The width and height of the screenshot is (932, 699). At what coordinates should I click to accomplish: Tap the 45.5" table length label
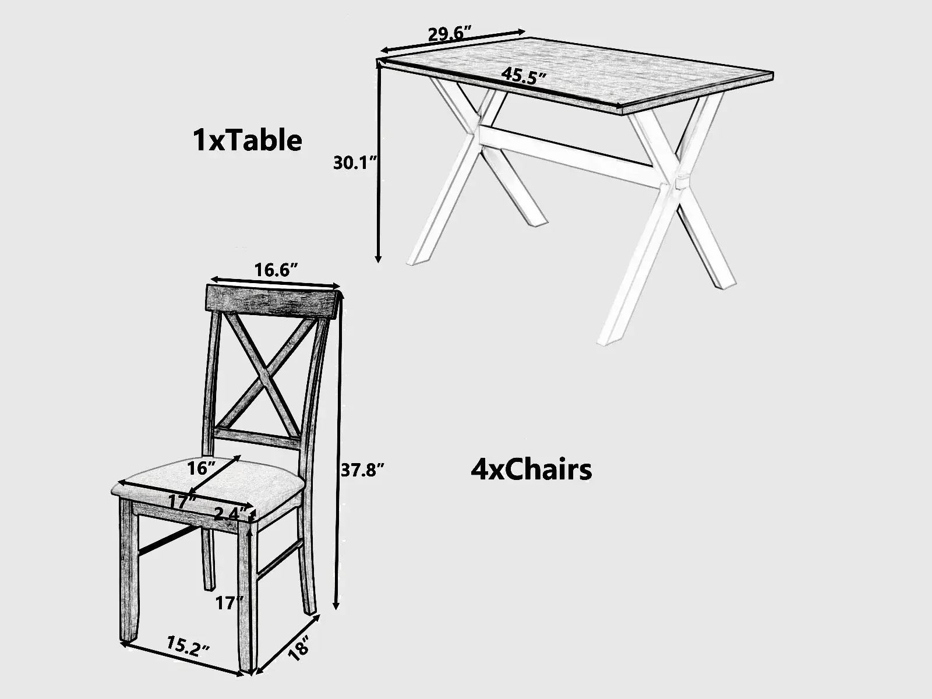pyautogui.click(x=524, y=76)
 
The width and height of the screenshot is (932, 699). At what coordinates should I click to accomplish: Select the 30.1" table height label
pyautogui.click(x=355, y=163)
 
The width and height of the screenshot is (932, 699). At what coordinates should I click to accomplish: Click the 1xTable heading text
pyautogui.click(x=247, y=140)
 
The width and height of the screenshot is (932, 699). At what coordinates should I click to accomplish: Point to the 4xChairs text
pyautogui.click(x=531, y=470)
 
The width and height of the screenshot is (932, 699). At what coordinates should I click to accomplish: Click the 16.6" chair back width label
pyautogui.click(x=276, y=270)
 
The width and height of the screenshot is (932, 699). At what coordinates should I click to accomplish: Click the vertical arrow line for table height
pyautogui.click(x=378, y=162)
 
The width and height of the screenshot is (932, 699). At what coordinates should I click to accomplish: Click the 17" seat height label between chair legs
pyautogui.click(x=229, y=603)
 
